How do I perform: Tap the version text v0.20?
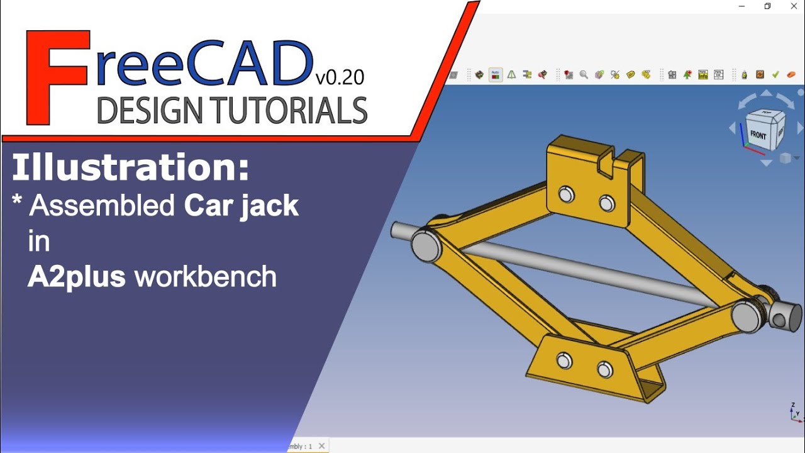click(x=340, y=77)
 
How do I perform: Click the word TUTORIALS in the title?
click(x=289, y=111)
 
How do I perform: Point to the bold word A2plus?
click(x=76, y=277)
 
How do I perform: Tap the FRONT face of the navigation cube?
click(x=758, y=135)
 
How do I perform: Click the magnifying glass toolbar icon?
click(x=584, y=74)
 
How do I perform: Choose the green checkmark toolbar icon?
click(x=775, y=74)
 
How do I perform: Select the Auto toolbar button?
click(x=496, y=74)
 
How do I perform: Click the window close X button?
click(x=794, y=6)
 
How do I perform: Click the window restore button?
click(x=767, y=6)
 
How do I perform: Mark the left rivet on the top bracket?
click(x=565, y=194)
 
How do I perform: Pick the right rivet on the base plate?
click(x=605, y=369)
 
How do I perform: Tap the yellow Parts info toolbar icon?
click(x=631, y=74)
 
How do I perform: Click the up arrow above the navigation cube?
click(x=766, y=93)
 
